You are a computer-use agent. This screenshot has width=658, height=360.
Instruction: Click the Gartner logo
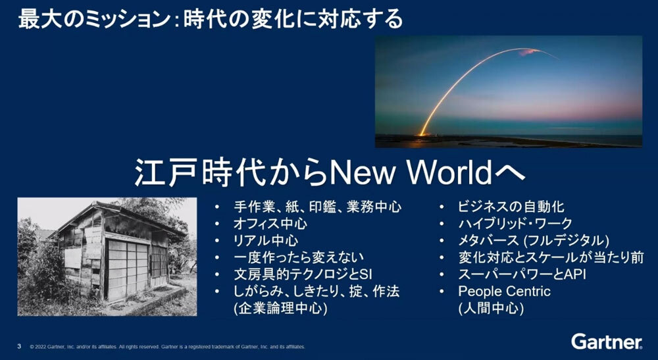click(x=607, y=342)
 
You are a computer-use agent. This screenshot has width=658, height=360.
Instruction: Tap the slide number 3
click(x=19, y=347)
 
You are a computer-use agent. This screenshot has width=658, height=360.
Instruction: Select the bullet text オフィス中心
click(x=270, y=224)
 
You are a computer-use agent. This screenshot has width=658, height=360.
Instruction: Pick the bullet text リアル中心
click(x=266, y=240)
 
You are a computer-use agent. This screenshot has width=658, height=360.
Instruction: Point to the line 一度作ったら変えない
click(x=299, y=257)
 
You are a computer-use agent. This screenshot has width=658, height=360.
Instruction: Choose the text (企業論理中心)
click(x=280, y=309)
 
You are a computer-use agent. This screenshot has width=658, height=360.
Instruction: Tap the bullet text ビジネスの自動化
click(x=511, y=207)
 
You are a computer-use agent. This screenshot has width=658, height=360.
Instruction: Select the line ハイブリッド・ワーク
click(x=515, y=224)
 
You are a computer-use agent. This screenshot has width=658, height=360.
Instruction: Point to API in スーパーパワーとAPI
click(x=574, y=274)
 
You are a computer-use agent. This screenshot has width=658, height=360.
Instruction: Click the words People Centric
click(x=504, y=291)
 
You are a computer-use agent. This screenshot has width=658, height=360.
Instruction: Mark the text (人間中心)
click(x=491, y=309)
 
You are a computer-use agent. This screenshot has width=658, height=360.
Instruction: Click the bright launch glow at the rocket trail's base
click(x=422, y=133)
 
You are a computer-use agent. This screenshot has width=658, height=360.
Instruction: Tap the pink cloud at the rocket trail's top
click(x=528, y=52)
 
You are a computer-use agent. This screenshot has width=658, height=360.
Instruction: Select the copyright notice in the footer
click(x=167, y=347)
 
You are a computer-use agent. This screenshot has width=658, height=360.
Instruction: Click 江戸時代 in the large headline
click(x=200, y=173)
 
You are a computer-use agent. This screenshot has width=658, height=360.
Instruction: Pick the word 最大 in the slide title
click(x=35, y=20)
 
